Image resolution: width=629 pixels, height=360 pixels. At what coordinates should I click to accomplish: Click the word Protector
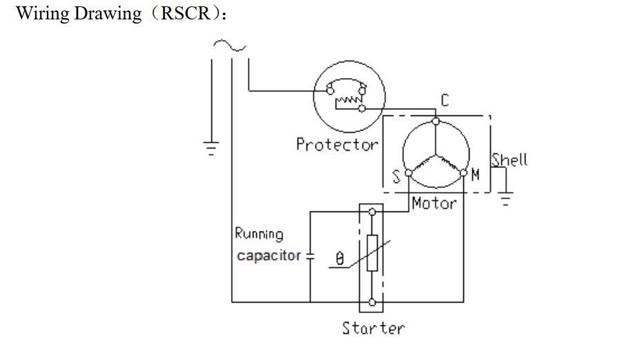coord(337,144)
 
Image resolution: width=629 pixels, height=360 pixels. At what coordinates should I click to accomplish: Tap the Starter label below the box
coord(374,328)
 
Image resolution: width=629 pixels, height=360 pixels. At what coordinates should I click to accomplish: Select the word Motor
coord(434,203)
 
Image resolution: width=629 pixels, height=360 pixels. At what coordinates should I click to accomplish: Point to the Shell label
coord(510,160)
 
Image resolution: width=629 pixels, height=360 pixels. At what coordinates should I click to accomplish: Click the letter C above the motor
coord(445,100)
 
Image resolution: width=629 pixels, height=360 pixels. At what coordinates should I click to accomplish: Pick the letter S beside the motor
coord(396,177)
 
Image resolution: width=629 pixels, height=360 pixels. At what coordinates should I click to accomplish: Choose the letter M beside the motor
coord(475,175)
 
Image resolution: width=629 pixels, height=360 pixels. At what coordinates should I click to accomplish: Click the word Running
coord(259,234)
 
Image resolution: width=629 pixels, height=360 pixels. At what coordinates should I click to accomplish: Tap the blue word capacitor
coord(269,256)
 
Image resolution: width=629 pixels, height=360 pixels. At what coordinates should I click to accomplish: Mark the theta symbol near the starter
coord(340,258)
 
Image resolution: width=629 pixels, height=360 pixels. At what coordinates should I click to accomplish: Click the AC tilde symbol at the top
coord(229,46)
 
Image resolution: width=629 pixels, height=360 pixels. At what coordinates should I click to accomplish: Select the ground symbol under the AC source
coord(211,148)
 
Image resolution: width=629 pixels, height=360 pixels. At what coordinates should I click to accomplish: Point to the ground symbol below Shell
coord(506,199)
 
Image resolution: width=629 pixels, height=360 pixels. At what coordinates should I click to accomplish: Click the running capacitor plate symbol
coord(310,256)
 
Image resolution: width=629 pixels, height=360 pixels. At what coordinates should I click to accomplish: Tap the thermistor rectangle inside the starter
coord(372,254)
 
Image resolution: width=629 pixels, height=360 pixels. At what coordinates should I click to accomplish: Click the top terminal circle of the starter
coord(372,212)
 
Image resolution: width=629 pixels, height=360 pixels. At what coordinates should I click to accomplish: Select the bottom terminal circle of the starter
coord(372,302)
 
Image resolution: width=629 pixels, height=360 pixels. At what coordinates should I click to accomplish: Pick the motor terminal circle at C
coord(436,121)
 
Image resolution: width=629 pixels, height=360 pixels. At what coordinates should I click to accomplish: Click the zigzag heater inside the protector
coord(348,99)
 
